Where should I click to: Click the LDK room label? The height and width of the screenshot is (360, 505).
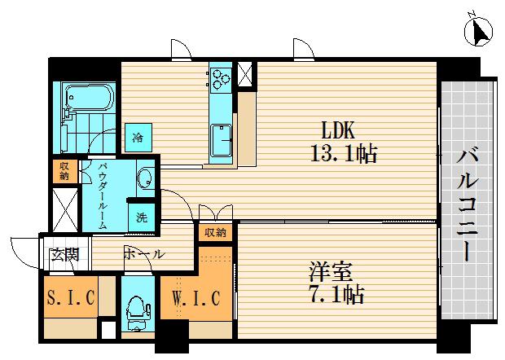(x=338, y=130)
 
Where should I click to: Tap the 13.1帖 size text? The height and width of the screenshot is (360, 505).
(x=344, y=153)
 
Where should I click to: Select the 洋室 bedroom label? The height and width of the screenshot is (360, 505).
(x=331, y=271)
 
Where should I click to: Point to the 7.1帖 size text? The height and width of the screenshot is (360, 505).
(x=337, y=294)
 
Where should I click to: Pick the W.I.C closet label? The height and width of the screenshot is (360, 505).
(x=196, y=298)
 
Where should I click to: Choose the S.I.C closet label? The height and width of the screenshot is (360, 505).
(x=71, y=297)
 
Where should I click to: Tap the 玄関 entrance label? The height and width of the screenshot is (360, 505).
(x=64, y=255)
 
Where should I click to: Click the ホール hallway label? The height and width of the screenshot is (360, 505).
(x=143, y=254)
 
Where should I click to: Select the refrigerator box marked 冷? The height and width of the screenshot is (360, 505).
(x=138, y=138)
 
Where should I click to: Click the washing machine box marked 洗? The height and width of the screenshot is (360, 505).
(x=142, y=217)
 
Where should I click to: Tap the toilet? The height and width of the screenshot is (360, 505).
(x=138, y=313)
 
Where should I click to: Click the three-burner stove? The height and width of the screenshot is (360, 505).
(x=221, y=79)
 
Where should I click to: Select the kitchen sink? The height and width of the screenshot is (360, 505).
(x=221, y=140)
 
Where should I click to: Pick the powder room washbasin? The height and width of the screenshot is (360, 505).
(x=145, y=178)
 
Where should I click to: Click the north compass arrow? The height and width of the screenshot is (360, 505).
(x=480, y=31)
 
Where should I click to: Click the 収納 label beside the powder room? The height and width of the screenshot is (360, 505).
(x=64, y=171)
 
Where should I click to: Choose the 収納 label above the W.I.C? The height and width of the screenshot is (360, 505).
(x=215, y=232)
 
